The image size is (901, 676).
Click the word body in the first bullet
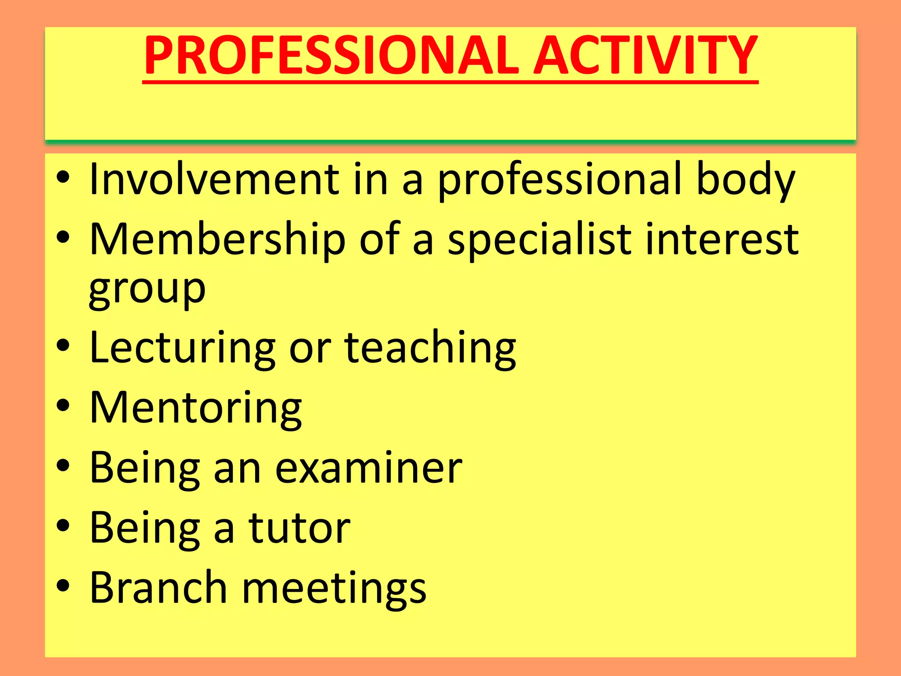click(745, 180)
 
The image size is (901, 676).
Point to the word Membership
click(217, 240)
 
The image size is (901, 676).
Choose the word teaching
click(430, 349)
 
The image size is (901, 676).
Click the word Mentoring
click(195, 408)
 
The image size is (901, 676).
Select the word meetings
click(334, 589)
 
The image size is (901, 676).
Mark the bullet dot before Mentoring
click(63, 405)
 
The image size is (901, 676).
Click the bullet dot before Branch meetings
click(63, 585)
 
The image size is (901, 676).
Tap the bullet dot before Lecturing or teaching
click(63, 345)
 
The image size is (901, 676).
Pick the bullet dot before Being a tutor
click(63, 525)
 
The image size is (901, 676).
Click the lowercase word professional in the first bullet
click(559, 180)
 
